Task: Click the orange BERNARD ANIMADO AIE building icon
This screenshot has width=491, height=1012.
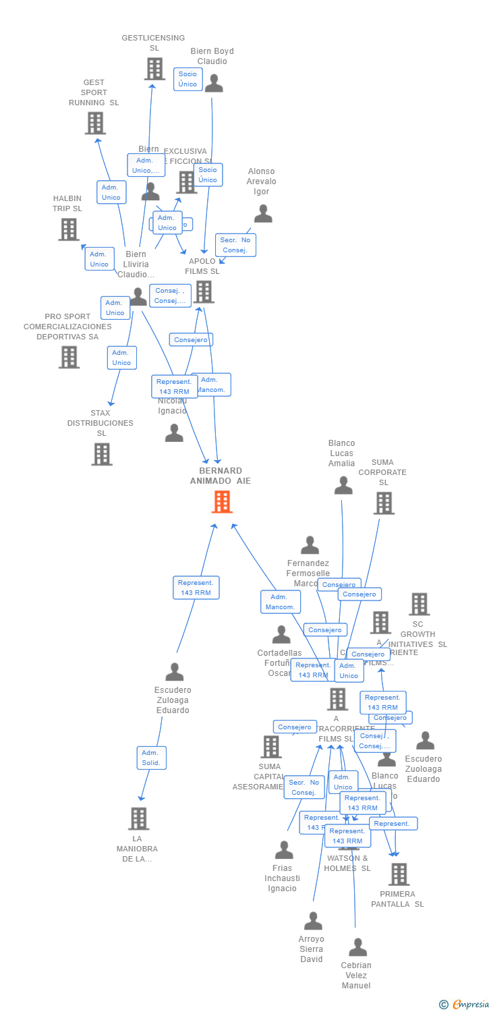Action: tap(222, 502)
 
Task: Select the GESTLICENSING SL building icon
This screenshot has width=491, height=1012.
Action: tap(154, 69)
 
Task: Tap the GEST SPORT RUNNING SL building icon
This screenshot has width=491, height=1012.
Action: tap(95, 123)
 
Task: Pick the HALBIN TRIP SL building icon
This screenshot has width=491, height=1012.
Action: tap(69, 229)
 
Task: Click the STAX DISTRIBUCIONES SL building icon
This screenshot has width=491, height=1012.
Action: tap(102, 454)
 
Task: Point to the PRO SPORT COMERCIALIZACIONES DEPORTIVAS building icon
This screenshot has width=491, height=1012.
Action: tap(69, 357)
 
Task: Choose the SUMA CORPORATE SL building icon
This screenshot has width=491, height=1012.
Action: tap(384, 503)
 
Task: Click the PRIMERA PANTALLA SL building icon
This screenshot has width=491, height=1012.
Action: tap(399, 874)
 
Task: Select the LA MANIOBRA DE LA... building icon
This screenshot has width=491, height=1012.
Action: tap(138, 818)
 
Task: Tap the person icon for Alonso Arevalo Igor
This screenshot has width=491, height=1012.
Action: tap(263, 214)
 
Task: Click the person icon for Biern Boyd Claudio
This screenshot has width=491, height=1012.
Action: tap(214, 84)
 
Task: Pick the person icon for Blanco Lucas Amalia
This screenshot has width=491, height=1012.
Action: tap(343, 485)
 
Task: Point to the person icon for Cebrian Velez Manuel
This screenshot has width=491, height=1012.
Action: tap(357, 947)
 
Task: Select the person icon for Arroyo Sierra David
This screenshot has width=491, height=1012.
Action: tap(313, 921)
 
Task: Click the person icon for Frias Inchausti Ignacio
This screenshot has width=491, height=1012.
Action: tap(284, 850)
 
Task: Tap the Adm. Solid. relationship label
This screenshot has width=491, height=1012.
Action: tap(151, 758)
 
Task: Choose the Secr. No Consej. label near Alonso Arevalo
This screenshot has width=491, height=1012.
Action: tap(235, 245)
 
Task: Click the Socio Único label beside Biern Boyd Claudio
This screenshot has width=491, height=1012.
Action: tap(188, 79)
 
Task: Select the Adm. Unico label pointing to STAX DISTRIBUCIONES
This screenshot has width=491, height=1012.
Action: tap(121, 358)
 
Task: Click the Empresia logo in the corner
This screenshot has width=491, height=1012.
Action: tap(465, 1005)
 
